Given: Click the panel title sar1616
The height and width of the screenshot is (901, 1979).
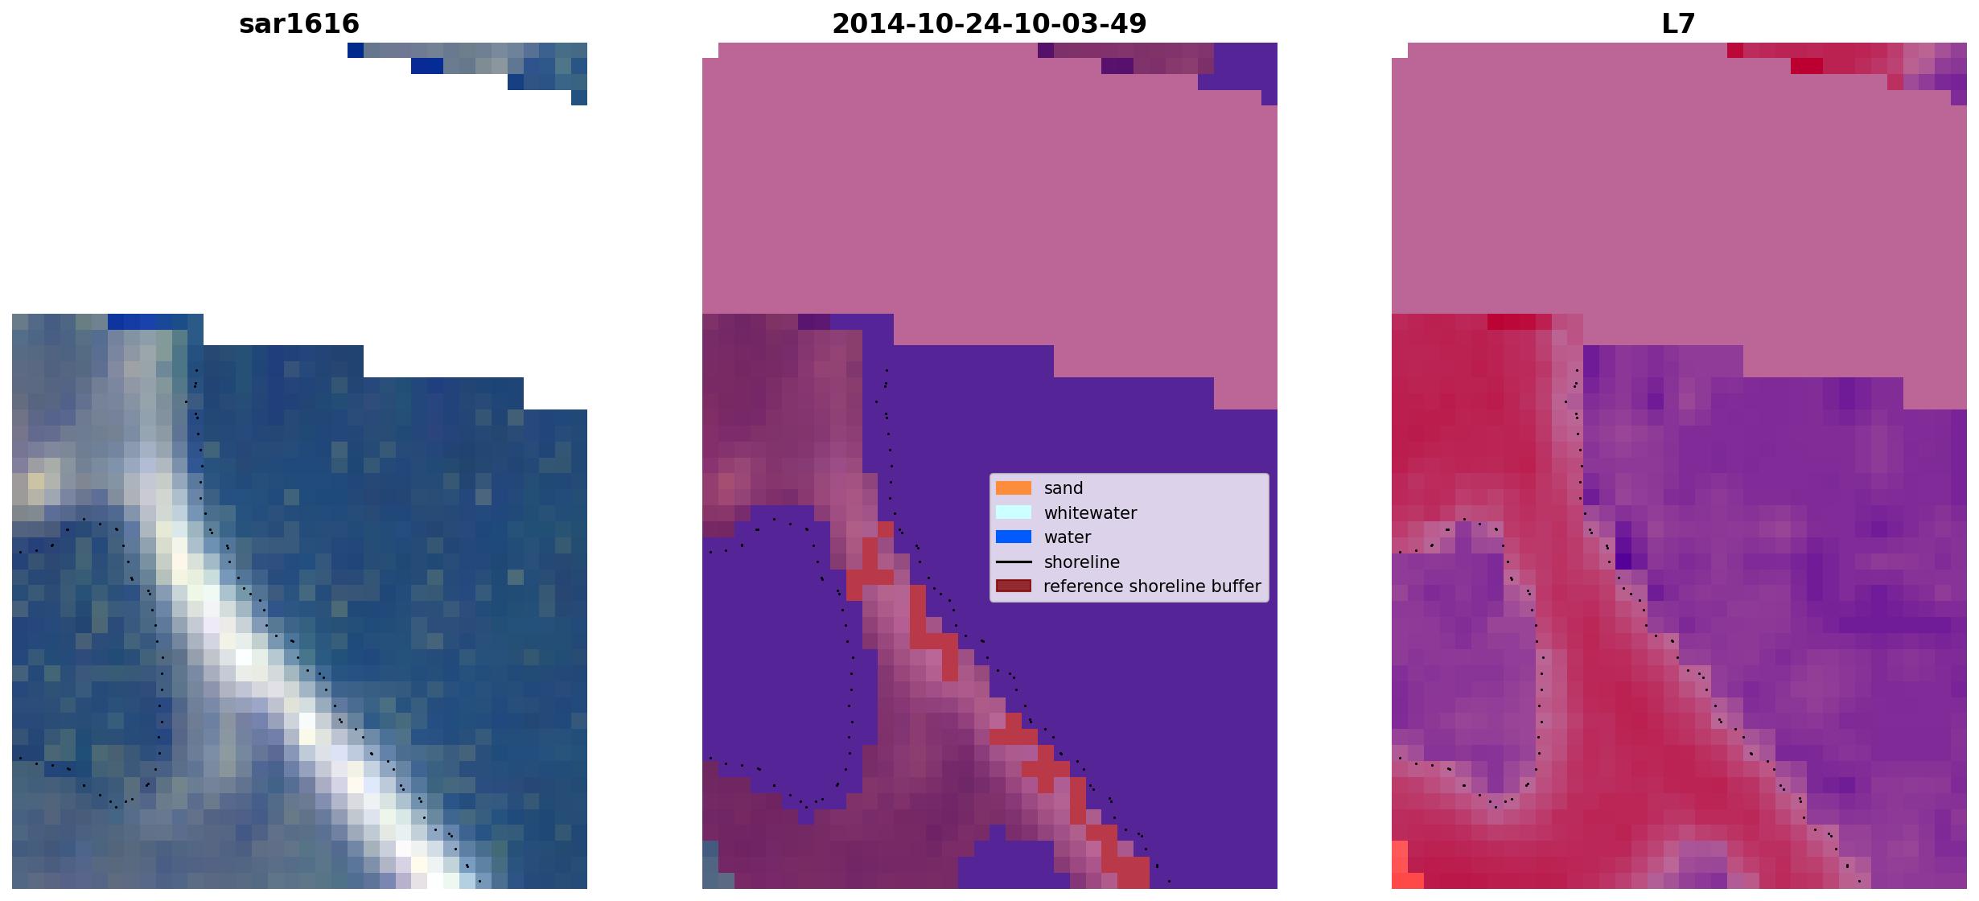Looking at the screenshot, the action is [299, 23].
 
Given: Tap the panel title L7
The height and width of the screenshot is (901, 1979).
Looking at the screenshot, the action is [1679, 23].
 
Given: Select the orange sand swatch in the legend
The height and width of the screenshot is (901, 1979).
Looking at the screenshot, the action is [1014, 488].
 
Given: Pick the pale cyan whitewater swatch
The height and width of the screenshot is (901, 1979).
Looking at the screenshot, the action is [1014, 512].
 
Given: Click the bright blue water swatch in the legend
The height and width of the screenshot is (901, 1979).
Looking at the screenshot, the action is [1014, 537].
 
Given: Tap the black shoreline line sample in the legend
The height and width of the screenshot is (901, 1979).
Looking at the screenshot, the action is [1014, 562].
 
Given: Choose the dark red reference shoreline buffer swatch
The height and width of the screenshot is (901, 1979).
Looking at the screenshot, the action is [1014, 586].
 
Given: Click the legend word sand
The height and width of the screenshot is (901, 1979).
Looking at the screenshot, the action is [1064, 488].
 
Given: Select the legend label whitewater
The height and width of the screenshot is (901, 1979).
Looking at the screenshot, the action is [1090, 513].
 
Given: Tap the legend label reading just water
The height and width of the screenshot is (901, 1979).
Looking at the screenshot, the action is [1067, 537].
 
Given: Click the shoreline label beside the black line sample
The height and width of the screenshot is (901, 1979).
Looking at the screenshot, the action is [1082, 562].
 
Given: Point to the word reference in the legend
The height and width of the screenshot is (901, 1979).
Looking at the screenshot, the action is [1082, 586].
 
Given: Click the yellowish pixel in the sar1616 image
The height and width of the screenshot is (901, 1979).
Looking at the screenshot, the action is [36, 482].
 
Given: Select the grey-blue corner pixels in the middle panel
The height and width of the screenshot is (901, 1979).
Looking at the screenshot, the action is [710, 865].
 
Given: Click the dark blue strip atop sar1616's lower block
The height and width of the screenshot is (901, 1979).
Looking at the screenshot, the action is [155, 322].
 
